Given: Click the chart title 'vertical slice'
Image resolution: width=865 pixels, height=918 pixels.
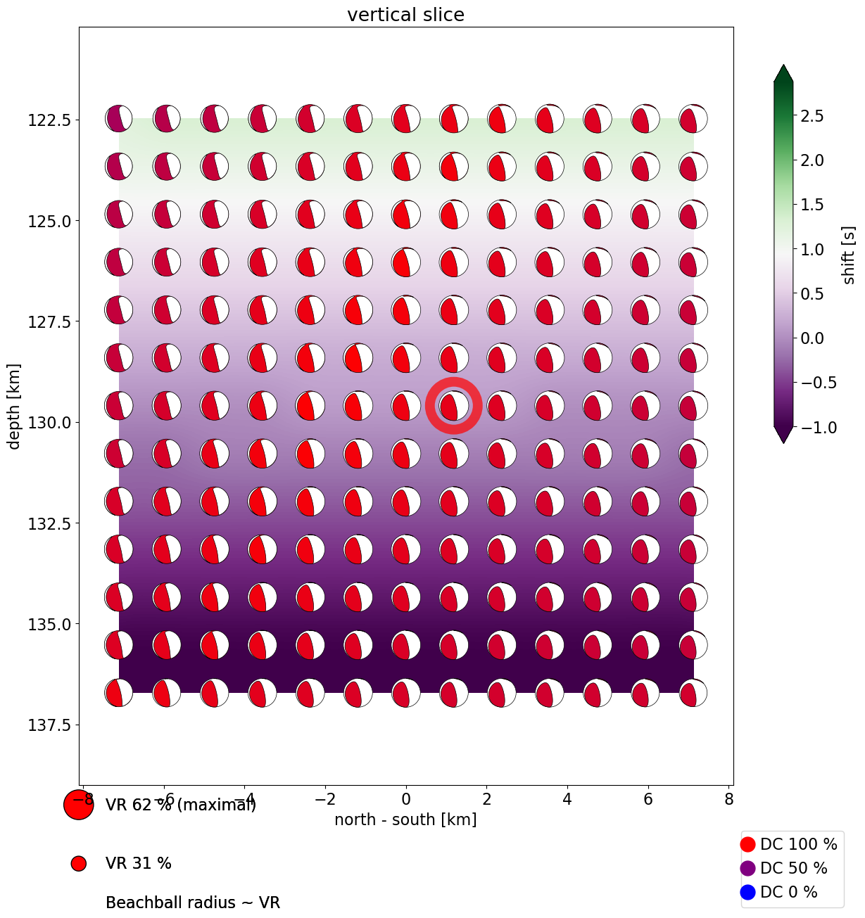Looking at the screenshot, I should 405,15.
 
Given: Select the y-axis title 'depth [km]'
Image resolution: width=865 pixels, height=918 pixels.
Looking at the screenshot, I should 14,406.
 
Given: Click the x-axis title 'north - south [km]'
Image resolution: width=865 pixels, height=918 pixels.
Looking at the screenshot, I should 405,820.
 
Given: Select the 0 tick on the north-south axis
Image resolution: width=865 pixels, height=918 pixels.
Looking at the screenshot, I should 406,799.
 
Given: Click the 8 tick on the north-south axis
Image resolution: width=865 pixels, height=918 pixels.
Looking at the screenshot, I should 729,799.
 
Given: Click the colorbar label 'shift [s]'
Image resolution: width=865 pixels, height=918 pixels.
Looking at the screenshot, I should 850,255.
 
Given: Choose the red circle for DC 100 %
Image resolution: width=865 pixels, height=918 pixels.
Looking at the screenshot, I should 748,844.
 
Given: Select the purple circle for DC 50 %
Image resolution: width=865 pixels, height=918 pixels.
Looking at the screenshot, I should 748,868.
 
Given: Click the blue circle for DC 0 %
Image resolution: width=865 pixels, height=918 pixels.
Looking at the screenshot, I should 748,892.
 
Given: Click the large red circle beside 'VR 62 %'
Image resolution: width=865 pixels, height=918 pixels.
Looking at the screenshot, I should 78,805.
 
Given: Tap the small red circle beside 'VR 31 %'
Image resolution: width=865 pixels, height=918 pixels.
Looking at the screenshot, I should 78,863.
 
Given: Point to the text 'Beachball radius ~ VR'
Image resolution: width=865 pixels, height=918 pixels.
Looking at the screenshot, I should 193,903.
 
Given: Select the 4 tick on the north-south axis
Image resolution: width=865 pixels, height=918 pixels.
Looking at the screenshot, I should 567,799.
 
